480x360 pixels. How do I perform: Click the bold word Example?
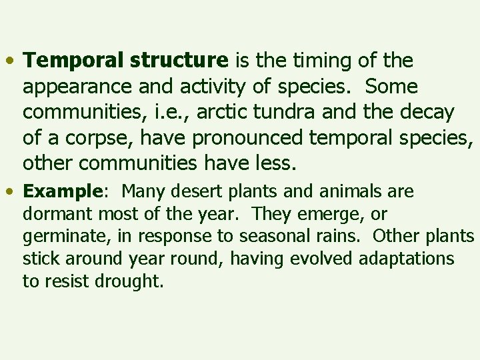[61, 192]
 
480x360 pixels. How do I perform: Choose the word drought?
[129, 281]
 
